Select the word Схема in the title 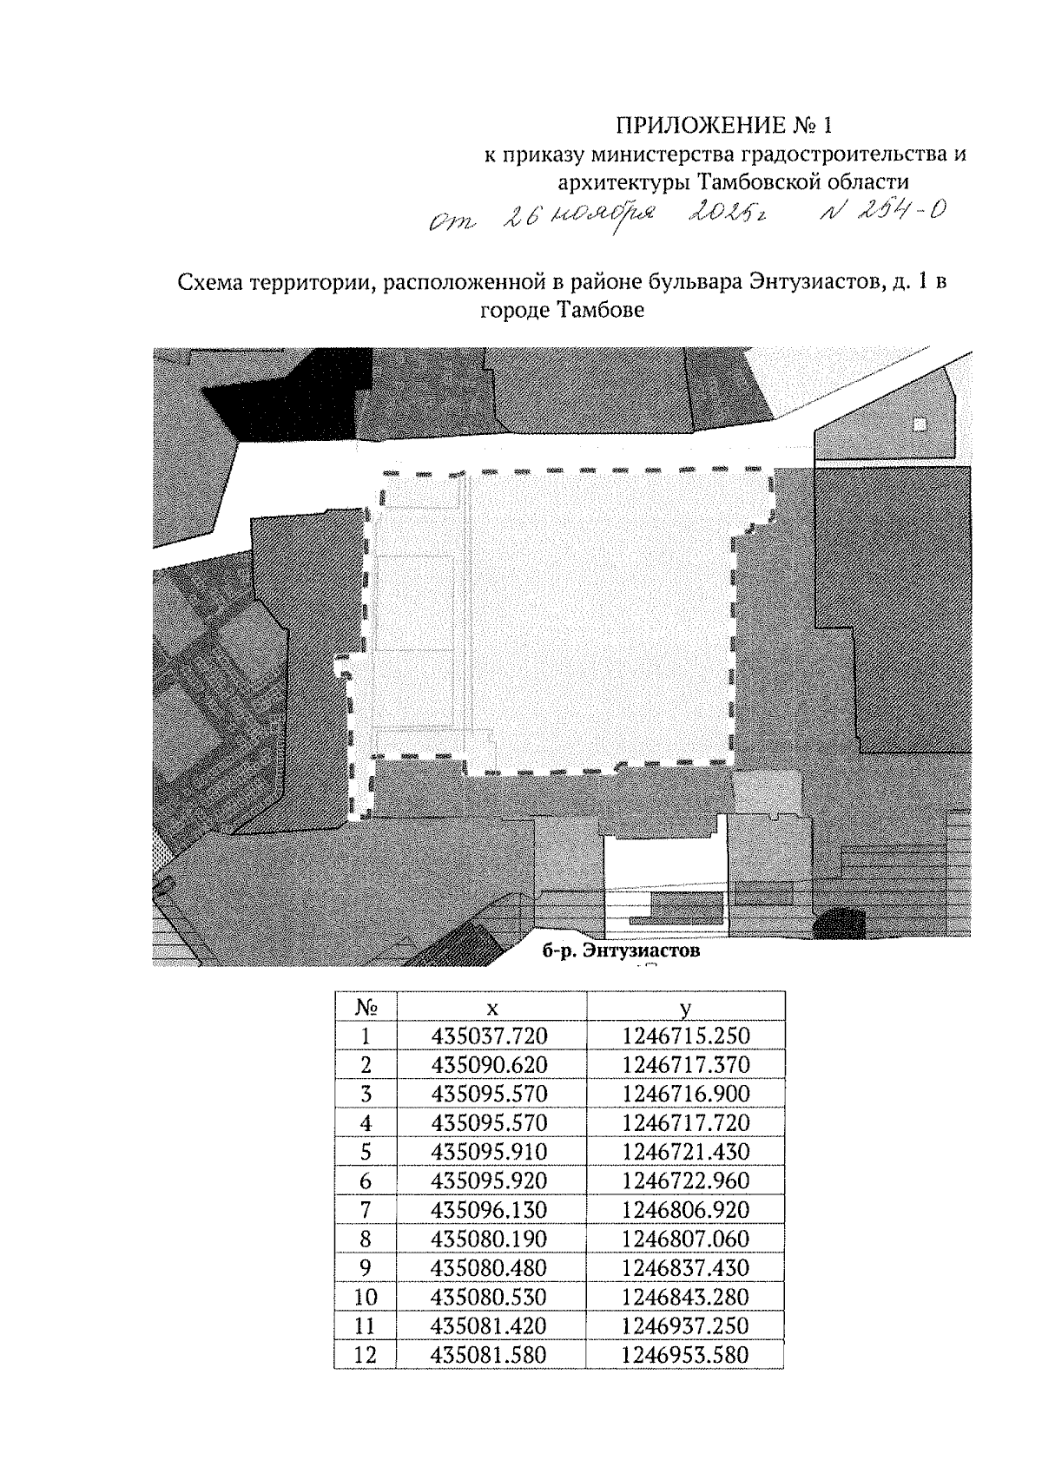point(208,283)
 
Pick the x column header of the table point(491,1007)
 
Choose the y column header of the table point(685,1007)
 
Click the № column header point(366,1007)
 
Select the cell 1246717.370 point(685,1065)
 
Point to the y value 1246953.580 point(685,1355)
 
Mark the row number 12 point(366,1355)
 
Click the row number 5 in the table point(366,1152)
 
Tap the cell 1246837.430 point(685,1268)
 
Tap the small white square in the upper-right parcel point(920,424)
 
